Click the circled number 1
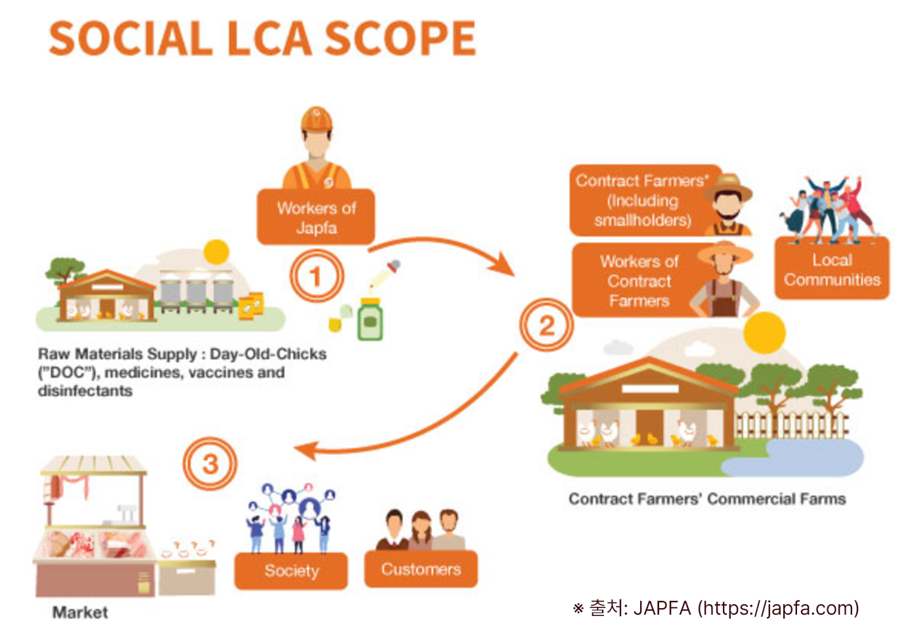(316, 276)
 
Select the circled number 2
(546, 325)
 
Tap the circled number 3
(209, 464)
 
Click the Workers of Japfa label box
(316, 218)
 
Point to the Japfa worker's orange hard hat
(316, 119)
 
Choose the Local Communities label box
(832, 270)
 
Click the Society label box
(291, 570)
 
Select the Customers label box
(421, 569)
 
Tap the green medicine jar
(370, 319)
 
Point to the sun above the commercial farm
(764, 333)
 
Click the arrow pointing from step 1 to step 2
(446, 249)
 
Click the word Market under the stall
(80, 612)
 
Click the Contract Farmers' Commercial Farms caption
(706, 499)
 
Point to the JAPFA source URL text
(779, 608)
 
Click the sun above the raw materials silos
(216, 252)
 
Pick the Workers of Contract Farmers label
(639, 281)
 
